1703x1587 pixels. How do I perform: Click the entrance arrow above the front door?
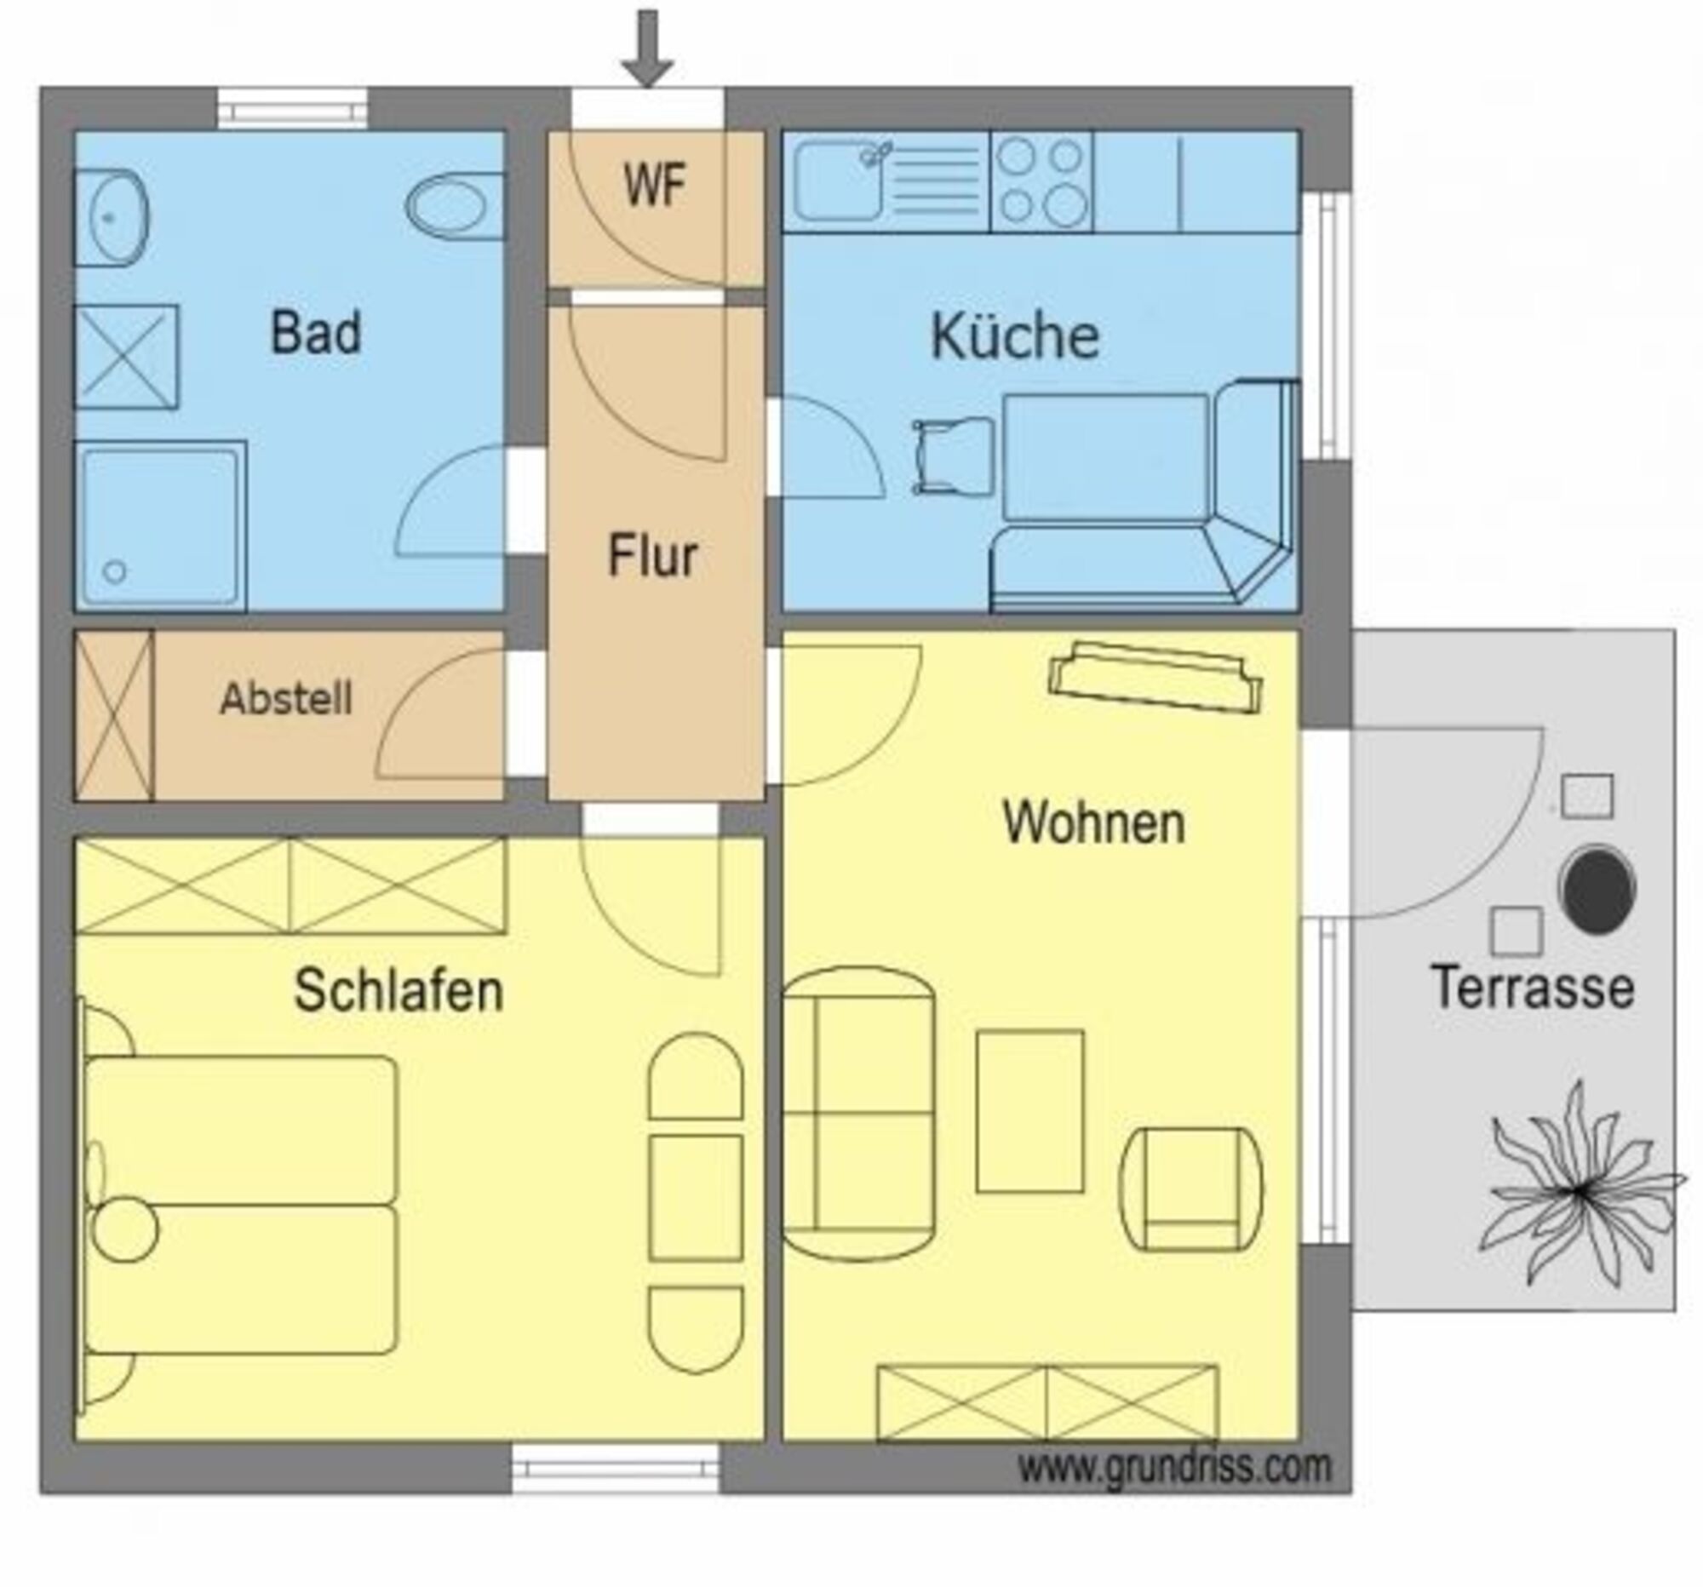647,48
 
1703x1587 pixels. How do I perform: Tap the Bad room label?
315,332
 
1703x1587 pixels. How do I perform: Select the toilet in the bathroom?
454,206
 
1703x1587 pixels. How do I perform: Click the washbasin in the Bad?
112,218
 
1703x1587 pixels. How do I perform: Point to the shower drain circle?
115,571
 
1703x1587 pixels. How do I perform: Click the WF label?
655,185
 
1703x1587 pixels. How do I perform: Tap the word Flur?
653,555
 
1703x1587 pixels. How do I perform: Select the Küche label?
1015,335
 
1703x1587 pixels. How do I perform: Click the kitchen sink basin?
837,180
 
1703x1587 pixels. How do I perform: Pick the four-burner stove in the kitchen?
1041,181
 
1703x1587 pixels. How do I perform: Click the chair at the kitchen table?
953,456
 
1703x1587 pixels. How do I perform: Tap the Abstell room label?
286,699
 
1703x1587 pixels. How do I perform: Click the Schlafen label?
399,991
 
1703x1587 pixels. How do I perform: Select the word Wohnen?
1094,823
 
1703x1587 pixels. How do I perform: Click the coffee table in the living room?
1029,1111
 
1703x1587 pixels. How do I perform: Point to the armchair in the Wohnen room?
1190,1189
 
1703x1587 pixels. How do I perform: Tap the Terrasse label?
1533,988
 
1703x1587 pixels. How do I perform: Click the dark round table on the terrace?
1597,889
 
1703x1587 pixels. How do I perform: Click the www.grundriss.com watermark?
1174,1467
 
